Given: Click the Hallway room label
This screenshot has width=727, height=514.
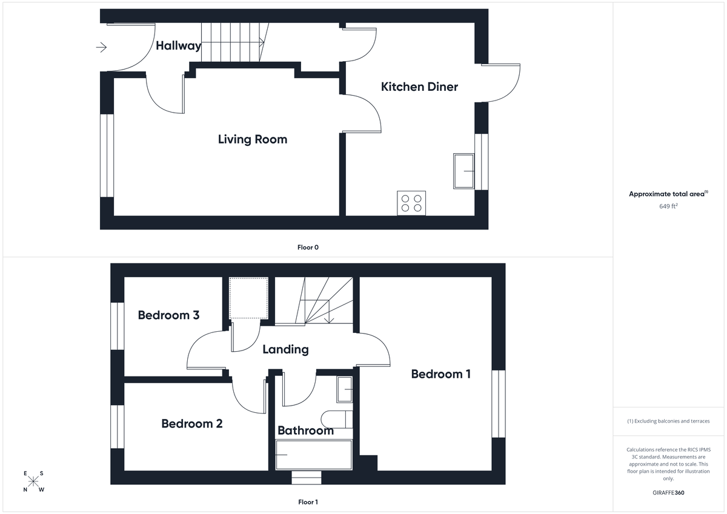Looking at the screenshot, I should pos(178,45).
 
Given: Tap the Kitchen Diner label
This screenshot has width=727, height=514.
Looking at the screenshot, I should pos(419,87).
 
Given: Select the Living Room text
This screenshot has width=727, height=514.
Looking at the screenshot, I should pos(253,139).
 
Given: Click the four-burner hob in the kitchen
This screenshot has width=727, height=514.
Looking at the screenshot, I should pos(411,203).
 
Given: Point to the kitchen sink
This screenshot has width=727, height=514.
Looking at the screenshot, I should pos(464,171).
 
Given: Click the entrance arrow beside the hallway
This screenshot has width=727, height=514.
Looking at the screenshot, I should pos(101,47).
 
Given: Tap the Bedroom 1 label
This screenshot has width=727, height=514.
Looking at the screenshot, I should pos(440,374).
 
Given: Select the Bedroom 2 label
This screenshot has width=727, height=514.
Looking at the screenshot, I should pos(191,424).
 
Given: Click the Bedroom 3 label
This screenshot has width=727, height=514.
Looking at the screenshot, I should pos(168,315).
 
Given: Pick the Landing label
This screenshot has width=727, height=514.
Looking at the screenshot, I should pos(285,349).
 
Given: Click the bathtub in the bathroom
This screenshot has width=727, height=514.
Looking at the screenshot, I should pos(314,455).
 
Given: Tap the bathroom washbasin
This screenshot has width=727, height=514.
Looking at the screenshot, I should pos(345,389).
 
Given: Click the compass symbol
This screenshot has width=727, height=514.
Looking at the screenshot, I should pos(34,482).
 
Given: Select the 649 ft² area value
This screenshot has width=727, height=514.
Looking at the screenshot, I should pos(668,206).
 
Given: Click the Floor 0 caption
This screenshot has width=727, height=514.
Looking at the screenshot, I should pos(308,247).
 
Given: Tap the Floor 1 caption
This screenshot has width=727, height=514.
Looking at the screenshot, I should pos(308,502).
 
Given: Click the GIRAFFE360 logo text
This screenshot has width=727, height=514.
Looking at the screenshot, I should pos(668,493).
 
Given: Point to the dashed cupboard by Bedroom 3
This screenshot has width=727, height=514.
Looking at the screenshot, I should pos(248,298).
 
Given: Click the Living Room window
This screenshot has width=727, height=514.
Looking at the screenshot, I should pos(107,156).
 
